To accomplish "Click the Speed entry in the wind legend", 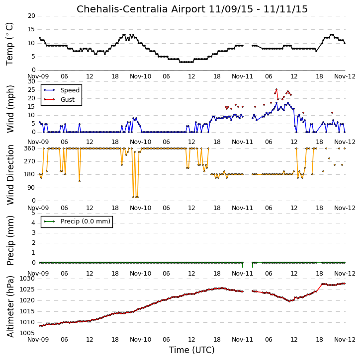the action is (x=70, y=90).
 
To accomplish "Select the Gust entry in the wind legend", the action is (x=67, y=100).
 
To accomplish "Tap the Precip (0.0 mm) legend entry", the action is (x=86, y=221).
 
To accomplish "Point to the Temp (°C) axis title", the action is (x=9, y=44).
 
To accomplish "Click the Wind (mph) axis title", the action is (x=10, y=109).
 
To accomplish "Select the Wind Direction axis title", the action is (x=10, y=175).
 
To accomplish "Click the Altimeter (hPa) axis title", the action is (x=10, y=307).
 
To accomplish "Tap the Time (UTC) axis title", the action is (x=192, y=350).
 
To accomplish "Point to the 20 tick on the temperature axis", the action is (x=31, y=16).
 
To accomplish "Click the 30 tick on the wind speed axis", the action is (x=31, y=81).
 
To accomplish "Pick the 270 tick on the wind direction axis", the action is (x=30, y=161).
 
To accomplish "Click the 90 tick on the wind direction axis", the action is (x=31, y=188).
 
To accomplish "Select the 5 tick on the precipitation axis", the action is (x=33, y=213).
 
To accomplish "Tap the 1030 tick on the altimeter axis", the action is (x=27, y=279).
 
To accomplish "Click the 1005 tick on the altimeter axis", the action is (x=27, y=333).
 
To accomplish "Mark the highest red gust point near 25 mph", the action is (x=276, y=89).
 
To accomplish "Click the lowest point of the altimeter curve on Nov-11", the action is (x=290, y=301).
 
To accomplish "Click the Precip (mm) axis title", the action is (x=10, y=241).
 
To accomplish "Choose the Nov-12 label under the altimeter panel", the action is (x=345, y=340).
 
